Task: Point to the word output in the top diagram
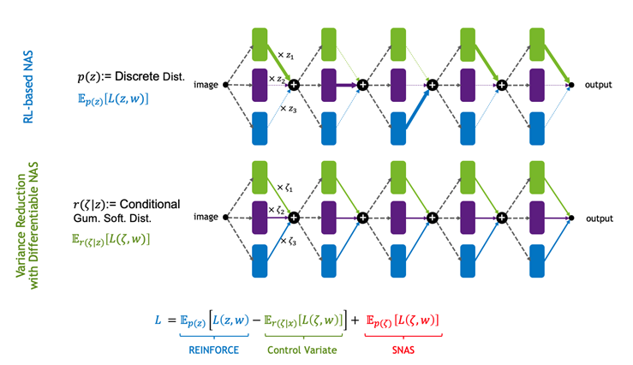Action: (x=600, y=85)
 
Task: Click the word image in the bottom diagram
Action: (x=206, y=219)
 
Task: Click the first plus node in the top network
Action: (x=294, y=85)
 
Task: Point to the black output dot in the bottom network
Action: (x=571, y=219)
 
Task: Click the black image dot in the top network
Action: (x=225, y=85)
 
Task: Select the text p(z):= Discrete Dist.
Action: (x=131, y=76)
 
